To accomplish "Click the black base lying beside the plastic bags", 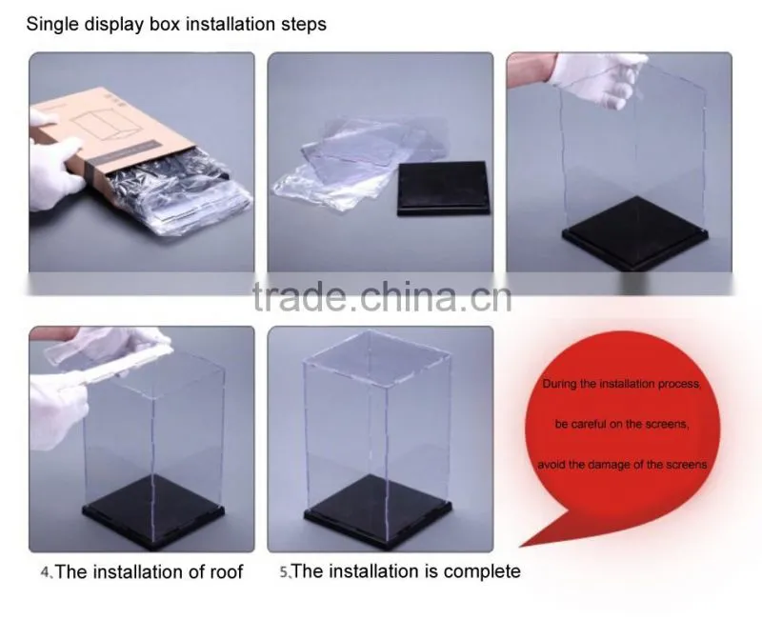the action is tap(443, 189).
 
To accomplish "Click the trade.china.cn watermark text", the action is tap(382, 296).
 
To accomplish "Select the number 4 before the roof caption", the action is tap(45, 572).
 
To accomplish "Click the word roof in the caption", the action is tap(226, 571).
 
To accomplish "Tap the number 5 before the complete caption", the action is tap(284, 571).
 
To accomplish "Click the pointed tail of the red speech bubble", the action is tap(521, 547).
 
